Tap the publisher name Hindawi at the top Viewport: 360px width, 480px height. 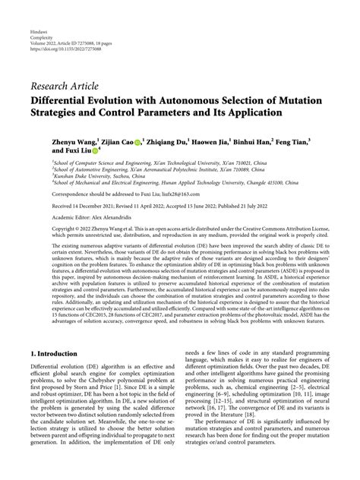coord(39,24)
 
